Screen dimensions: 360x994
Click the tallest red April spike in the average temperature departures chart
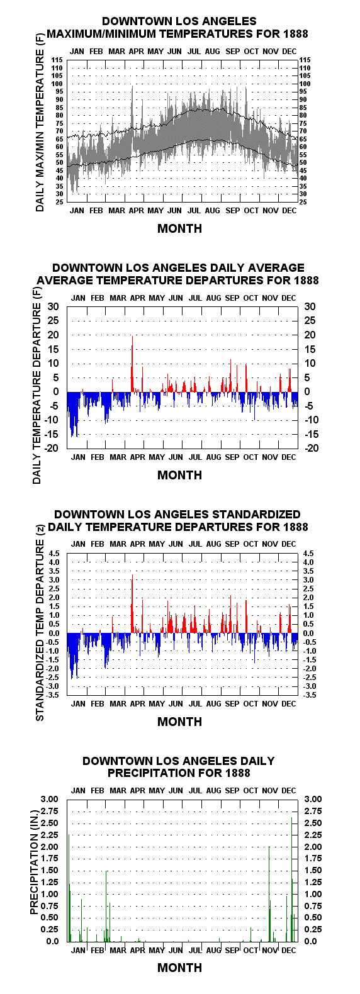132,364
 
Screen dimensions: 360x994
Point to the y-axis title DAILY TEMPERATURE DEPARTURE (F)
37,386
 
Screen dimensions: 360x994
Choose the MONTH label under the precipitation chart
180,968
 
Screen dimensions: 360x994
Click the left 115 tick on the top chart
57,60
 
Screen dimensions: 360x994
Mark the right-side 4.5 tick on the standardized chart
308,554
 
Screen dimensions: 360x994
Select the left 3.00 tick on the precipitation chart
50,799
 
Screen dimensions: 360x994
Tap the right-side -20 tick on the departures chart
312,448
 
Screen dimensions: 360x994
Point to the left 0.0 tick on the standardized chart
54,634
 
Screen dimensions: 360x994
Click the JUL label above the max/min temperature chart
194,52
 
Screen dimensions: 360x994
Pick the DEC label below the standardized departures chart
288,704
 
